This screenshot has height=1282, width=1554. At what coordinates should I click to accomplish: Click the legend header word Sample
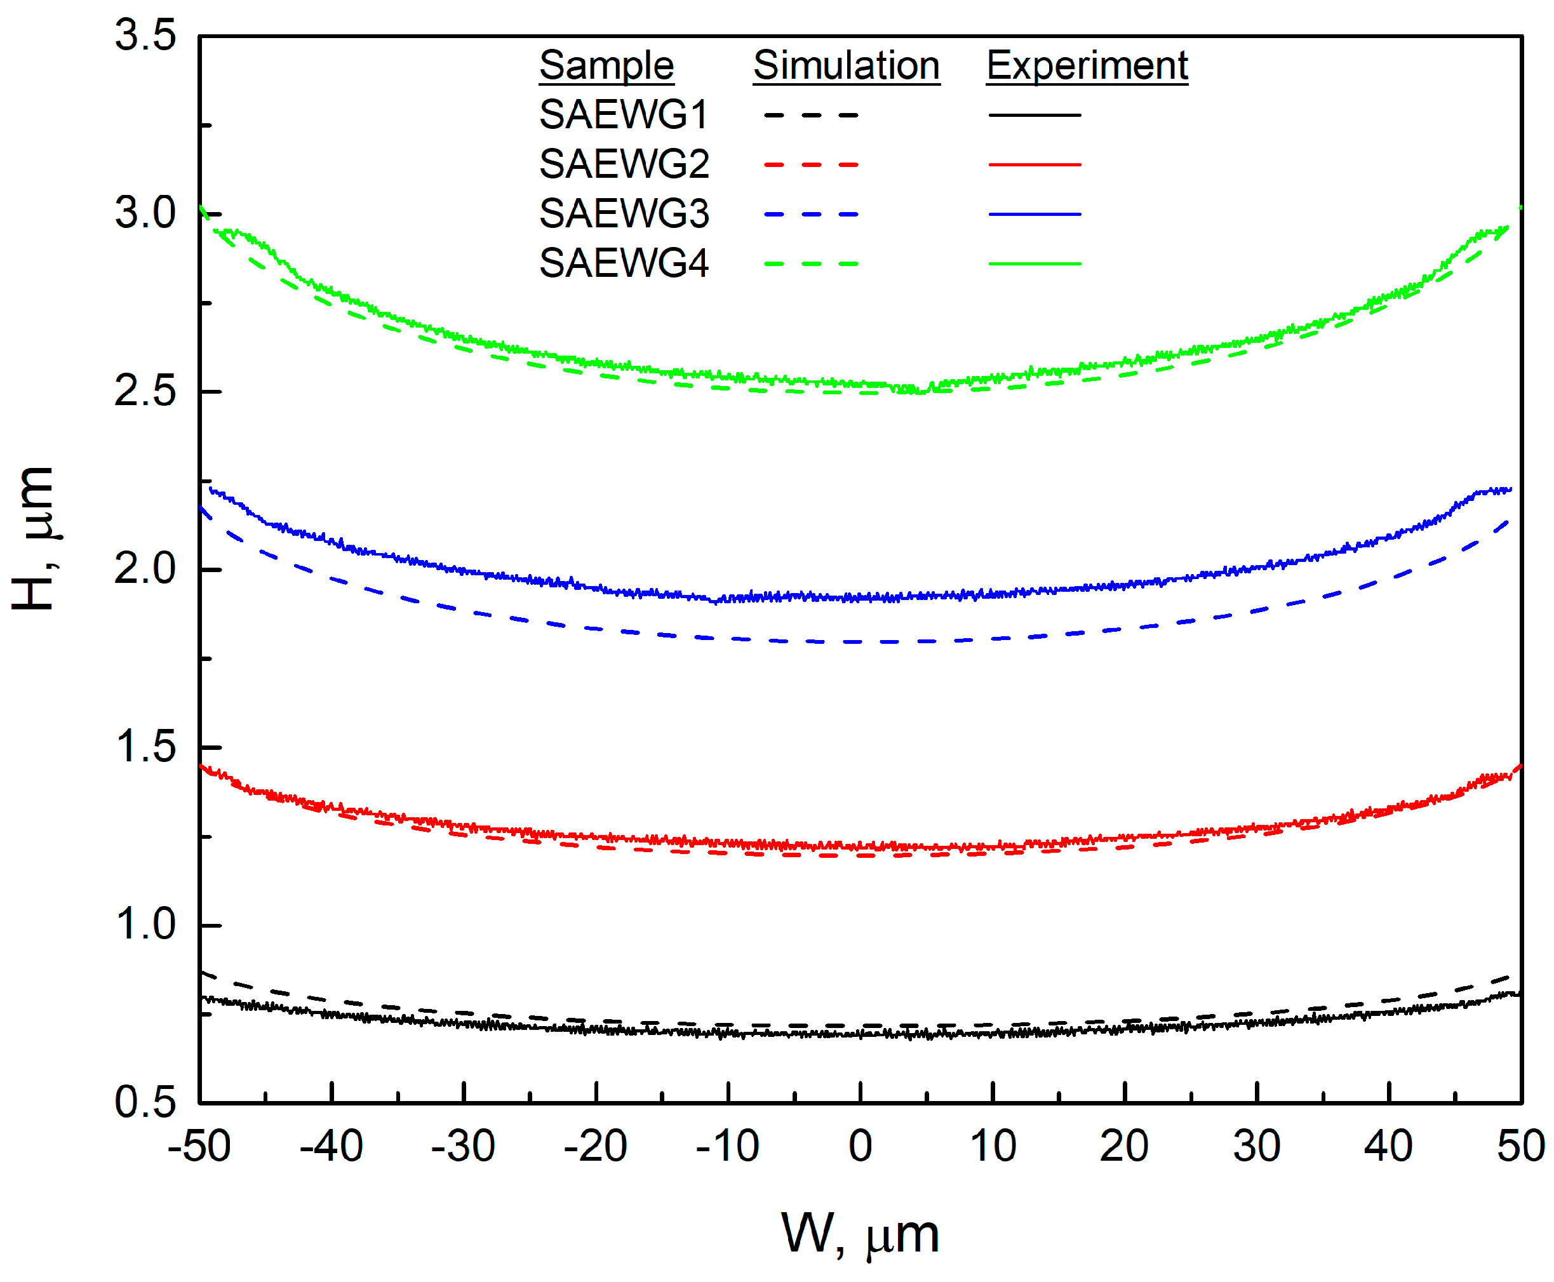coord(606,66)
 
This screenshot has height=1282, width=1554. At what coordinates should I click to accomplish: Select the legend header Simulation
coord(846,66)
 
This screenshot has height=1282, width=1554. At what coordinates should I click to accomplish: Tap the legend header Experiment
coord(1087,66)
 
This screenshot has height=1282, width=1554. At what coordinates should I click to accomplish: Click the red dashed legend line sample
coord(811,164)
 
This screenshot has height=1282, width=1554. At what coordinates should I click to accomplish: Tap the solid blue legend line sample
coord(1034,214)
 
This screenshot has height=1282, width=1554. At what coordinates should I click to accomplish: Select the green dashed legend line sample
coord(811,264)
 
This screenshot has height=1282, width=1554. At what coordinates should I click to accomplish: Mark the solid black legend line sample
coord(1034,115)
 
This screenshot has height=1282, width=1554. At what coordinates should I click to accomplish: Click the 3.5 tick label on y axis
coord(145,35)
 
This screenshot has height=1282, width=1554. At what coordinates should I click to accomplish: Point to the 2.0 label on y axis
coord(145,570)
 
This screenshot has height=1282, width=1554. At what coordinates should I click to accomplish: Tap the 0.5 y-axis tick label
coord(145,1102)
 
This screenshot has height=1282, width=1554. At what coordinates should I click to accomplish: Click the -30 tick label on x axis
coord(462,1147)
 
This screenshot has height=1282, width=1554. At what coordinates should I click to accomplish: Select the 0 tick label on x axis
coord(860,1147)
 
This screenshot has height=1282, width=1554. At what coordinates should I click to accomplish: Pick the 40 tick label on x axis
coord(1388,1147)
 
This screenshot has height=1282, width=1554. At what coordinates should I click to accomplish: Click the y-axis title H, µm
coord(34,539)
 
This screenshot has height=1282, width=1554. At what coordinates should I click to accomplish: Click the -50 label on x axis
coord(199,1147)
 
